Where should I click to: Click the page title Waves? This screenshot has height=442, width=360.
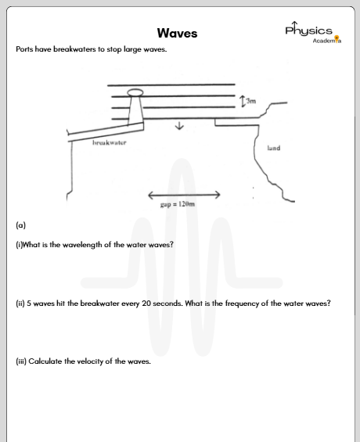[177, 34]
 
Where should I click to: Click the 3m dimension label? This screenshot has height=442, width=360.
[251, 101]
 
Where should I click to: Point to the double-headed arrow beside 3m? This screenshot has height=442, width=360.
[243, 101]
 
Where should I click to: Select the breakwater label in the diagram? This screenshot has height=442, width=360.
[110, 143]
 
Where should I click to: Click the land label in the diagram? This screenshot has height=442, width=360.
[273, 147]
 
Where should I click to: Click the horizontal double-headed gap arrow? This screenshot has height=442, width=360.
[184, 193]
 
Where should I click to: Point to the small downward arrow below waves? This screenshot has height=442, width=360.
[180, 127]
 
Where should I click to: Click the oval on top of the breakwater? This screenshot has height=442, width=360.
[135, 93]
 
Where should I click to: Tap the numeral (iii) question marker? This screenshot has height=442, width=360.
[21, 361]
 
